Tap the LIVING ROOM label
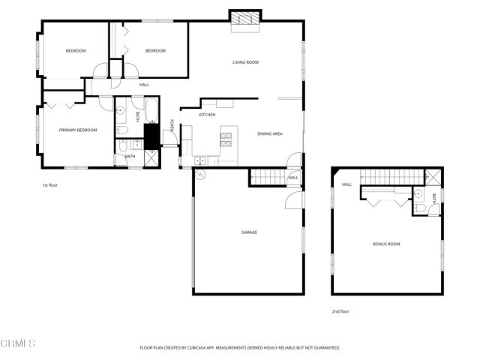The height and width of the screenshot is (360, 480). click(x=245, y=62)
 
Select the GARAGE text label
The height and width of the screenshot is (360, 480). click(x=249, y=232)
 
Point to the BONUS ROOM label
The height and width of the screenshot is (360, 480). click(x=387, y=244)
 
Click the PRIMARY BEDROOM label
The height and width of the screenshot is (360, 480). click(x=78, y=130)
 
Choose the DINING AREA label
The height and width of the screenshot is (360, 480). click(x=269, y=133)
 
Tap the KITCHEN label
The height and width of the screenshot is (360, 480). click(x=207, y=115)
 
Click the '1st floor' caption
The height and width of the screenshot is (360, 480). click(x=49, y=184)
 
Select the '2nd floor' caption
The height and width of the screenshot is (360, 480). click(x=340, y=311)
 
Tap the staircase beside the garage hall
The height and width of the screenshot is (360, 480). click(x=268, y=177)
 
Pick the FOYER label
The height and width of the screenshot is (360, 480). click(x=171, y=126)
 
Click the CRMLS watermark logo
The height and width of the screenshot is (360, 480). click(x=18, y=344)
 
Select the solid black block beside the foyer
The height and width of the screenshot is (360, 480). click(x=151, y=136)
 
